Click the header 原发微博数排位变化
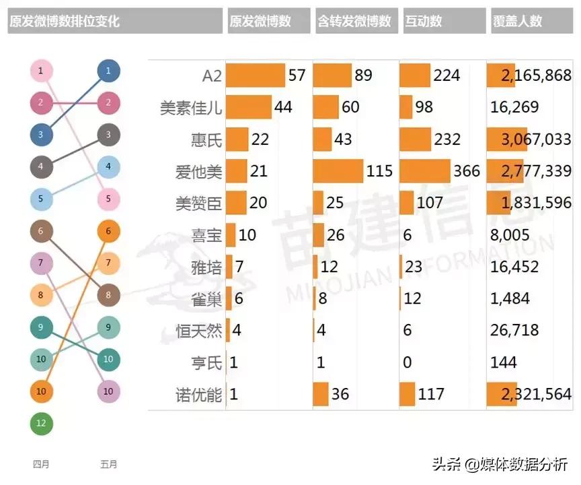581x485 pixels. click(65, 21)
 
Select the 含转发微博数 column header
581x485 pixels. click(354, 21)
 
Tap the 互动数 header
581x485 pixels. click(424, 21)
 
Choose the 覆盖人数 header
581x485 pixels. click(517, 21)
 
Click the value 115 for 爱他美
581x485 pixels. click(379, 171)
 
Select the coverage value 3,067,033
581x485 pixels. click(536, 139)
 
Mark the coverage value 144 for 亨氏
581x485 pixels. click(504, 363)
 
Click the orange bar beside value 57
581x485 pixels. click(256, 75)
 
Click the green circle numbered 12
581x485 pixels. click(41, 424)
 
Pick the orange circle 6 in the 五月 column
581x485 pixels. click(108, 231)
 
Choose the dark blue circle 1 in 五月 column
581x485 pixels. click(108, 71)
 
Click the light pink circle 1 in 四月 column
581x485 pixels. click(41, 71)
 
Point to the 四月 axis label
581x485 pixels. click(41, 464)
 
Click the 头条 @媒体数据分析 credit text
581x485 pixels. click(500, 463)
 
